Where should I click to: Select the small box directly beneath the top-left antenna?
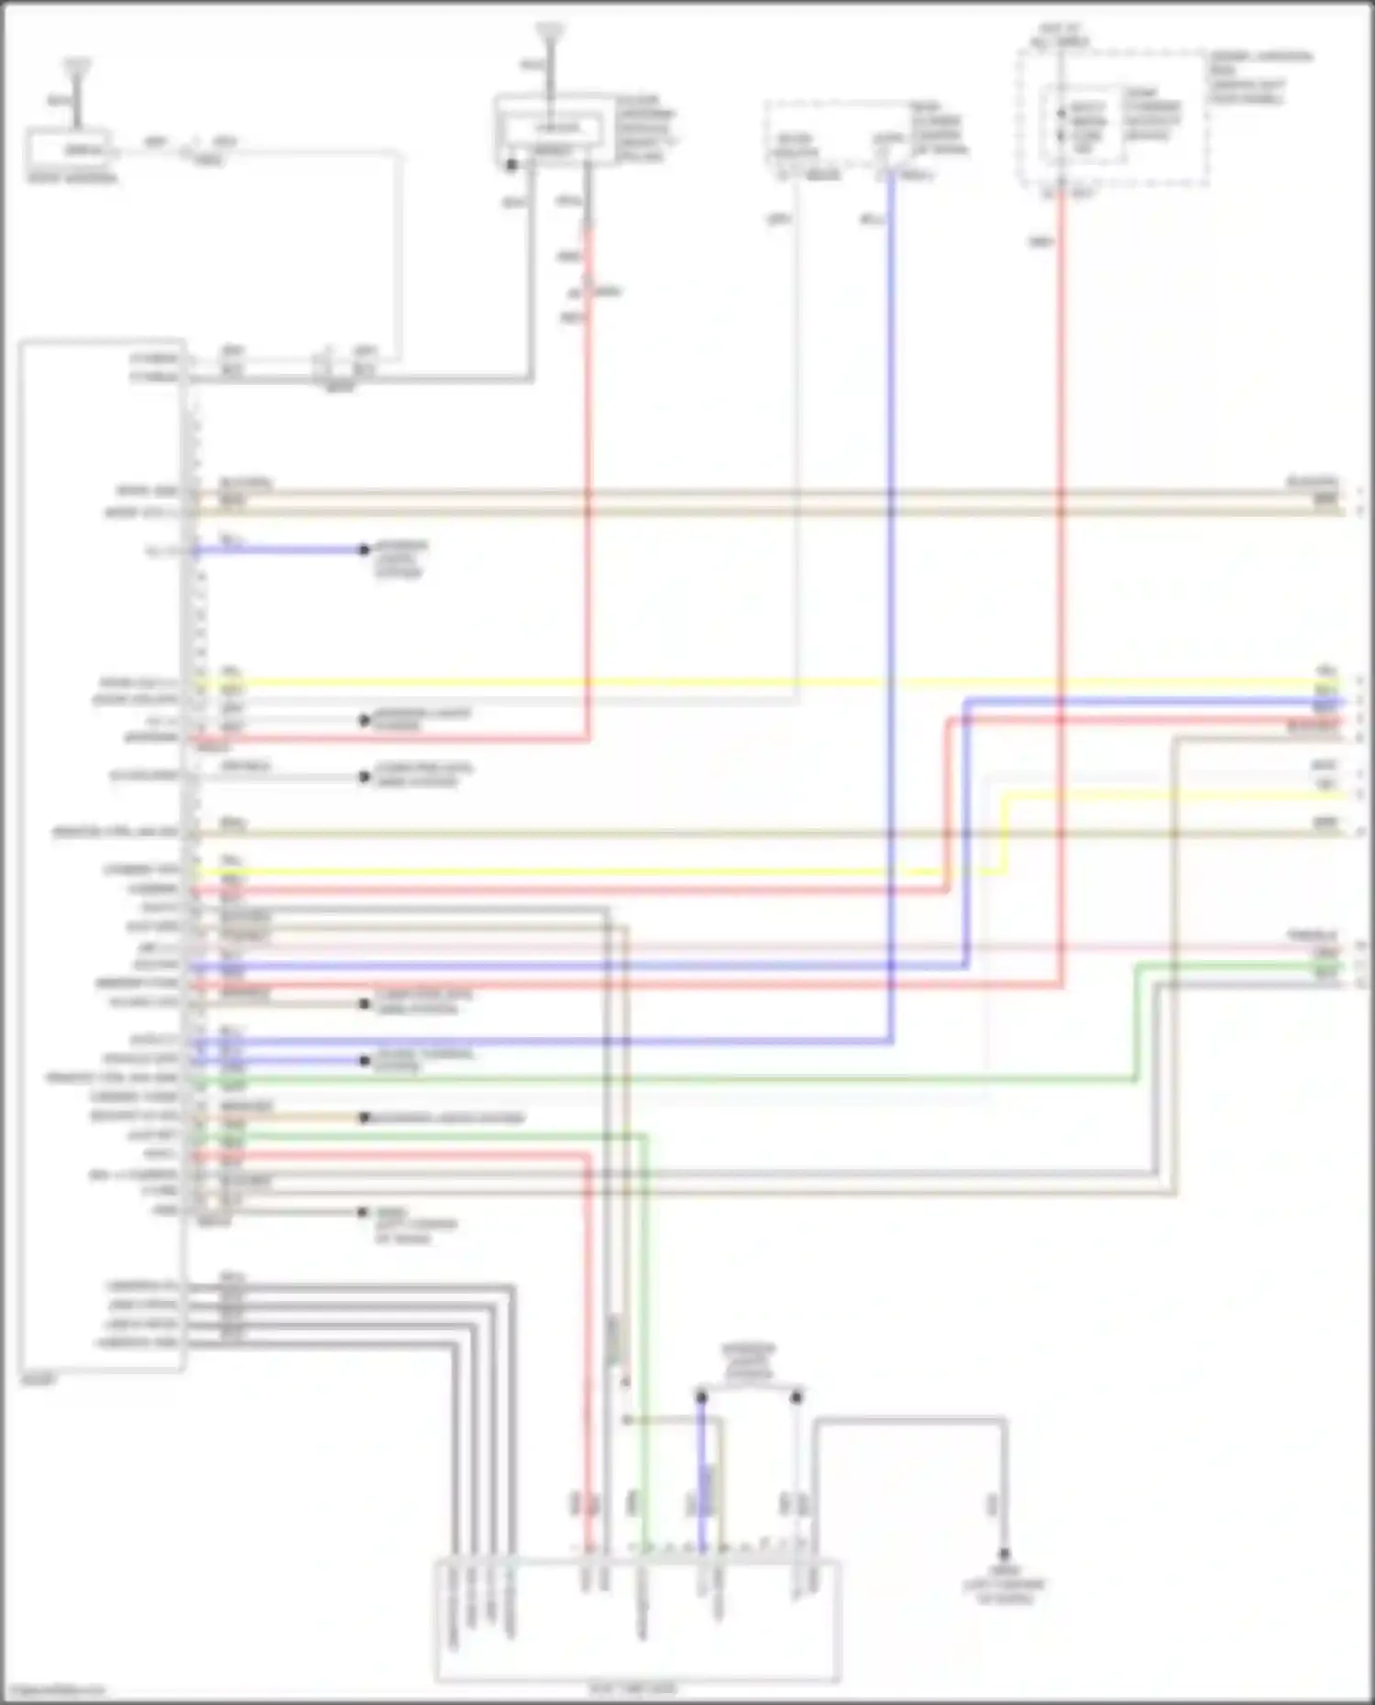[70, 149]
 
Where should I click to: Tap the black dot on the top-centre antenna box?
[511, 165]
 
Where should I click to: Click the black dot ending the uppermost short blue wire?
[364, 550]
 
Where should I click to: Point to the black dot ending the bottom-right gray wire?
[1004, 1555]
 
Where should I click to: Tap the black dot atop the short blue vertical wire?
[701, 1398]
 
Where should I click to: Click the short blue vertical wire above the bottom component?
[702, 1475]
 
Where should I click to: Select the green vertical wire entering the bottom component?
[645, 1374]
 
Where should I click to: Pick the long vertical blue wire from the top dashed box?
[891, 596]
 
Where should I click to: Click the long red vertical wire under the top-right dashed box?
[1061, 550]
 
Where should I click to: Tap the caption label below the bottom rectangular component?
[632, 1688]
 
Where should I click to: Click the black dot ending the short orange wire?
[364, 1118]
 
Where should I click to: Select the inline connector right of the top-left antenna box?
[194, 149]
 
